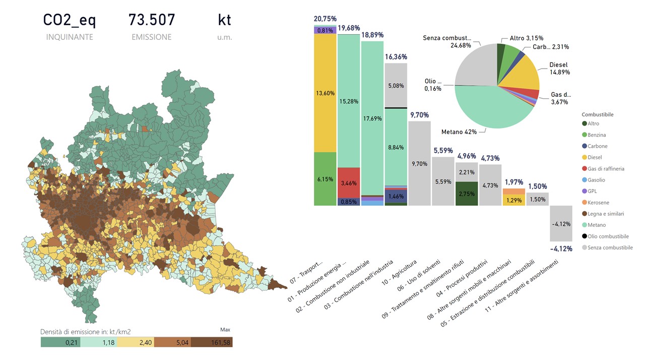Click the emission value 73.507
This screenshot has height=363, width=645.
coord(152,20)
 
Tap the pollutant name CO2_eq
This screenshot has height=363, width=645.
coord(69,20)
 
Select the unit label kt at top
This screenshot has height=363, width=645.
coord(224,20)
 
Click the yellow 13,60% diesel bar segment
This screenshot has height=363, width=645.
coord(325,93)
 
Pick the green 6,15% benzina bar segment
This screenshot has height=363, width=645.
coord(325,179)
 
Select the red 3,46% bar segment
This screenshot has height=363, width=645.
coord(349,183)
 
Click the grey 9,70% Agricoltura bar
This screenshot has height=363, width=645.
coord(419,163)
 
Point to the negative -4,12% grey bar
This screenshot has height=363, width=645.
coord(561,224)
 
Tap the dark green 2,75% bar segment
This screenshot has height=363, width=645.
coord(467,194)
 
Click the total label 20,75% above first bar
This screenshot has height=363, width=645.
coord(325,19)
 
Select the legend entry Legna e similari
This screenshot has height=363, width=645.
coord(606,214)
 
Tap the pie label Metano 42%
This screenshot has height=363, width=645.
coord(459,132)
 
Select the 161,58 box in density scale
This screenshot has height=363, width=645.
coord(213,342)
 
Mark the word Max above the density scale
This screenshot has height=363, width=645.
coord(225,330)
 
